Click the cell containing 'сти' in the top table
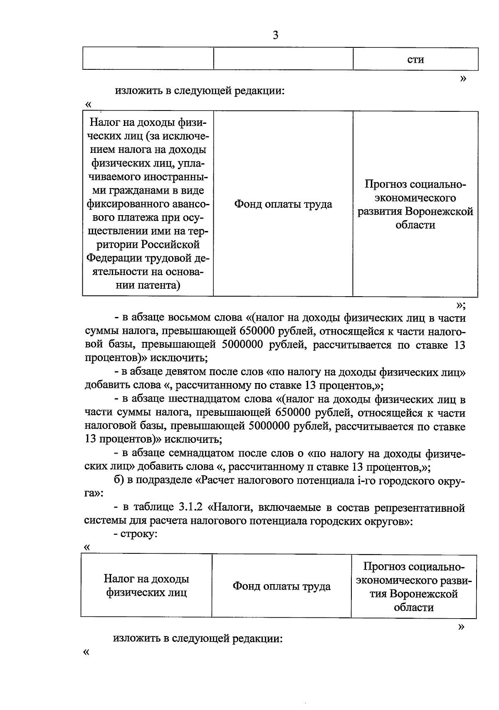415,59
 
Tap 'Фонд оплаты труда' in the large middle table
283,204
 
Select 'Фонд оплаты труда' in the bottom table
282,586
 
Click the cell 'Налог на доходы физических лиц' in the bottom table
146,585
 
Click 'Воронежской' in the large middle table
440,211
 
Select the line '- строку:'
136,534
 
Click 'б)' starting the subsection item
119,480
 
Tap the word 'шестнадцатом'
203,400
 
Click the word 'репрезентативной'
419,507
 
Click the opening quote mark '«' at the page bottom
86,652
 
